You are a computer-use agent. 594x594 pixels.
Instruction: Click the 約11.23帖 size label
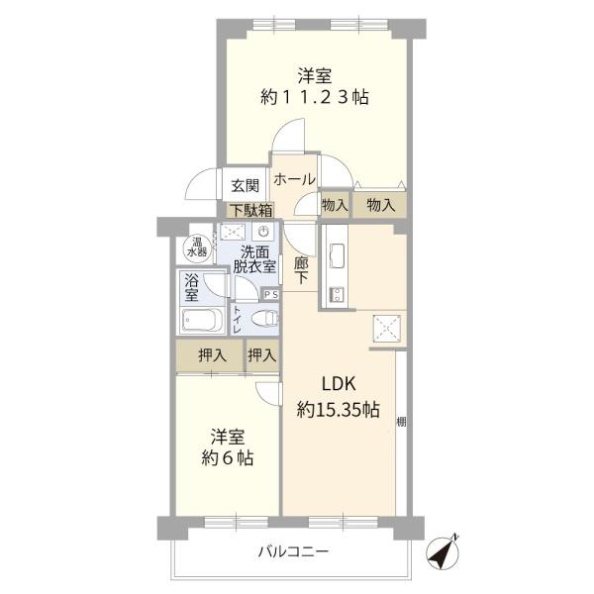click(316, 97)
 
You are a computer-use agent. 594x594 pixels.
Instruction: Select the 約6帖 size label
click(229, 457)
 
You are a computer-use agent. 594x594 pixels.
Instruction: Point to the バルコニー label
click(294, 551)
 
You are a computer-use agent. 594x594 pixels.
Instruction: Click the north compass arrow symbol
click(442, 550)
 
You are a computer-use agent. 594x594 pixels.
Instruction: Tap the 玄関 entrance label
click(245, 185)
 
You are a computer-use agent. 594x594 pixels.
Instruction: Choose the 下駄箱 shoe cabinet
click(251, 209)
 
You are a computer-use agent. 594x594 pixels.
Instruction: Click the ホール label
click(294, 179)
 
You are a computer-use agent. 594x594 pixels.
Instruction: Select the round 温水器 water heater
click(192, 248)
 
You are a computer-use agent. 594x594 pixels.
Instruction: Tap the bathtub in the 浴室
click(202, 321)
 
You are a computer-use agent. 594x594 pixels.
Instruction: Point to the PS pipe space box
click(270, 294)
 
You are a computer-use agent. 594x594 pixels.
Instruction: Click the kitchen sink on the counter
click(335, 255)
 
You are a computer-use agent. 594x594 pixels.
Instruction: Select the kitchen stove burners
click(336, 294)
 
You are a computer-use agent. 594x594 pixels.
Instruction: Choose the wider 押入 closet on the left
click(210, 354)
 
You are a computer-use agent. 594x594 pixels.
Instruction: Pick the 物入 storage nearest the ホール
click(335, 205)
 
